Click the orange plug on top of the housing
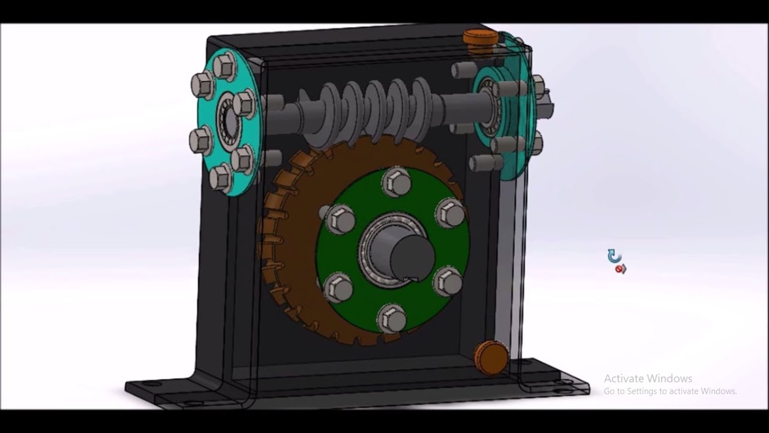(x=480, y=37)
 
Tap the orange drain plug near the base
(x=491, y=357)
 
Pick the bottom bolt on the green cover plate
(x=392, y=317)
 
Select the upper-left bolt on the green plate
(x=341, y=219)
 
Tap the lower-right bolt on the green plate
(x=447, y=281)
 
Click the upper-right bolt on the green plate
(x=450, y=212)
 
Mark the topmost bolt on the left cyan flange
(x=225, y=64)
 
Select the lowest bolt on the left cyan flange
(x=220, y=177)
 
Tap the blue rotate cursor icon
(x=613, y=256)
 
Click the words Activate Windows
(x=648, y=378)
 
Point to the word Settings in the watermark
(x=642, y=391)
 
